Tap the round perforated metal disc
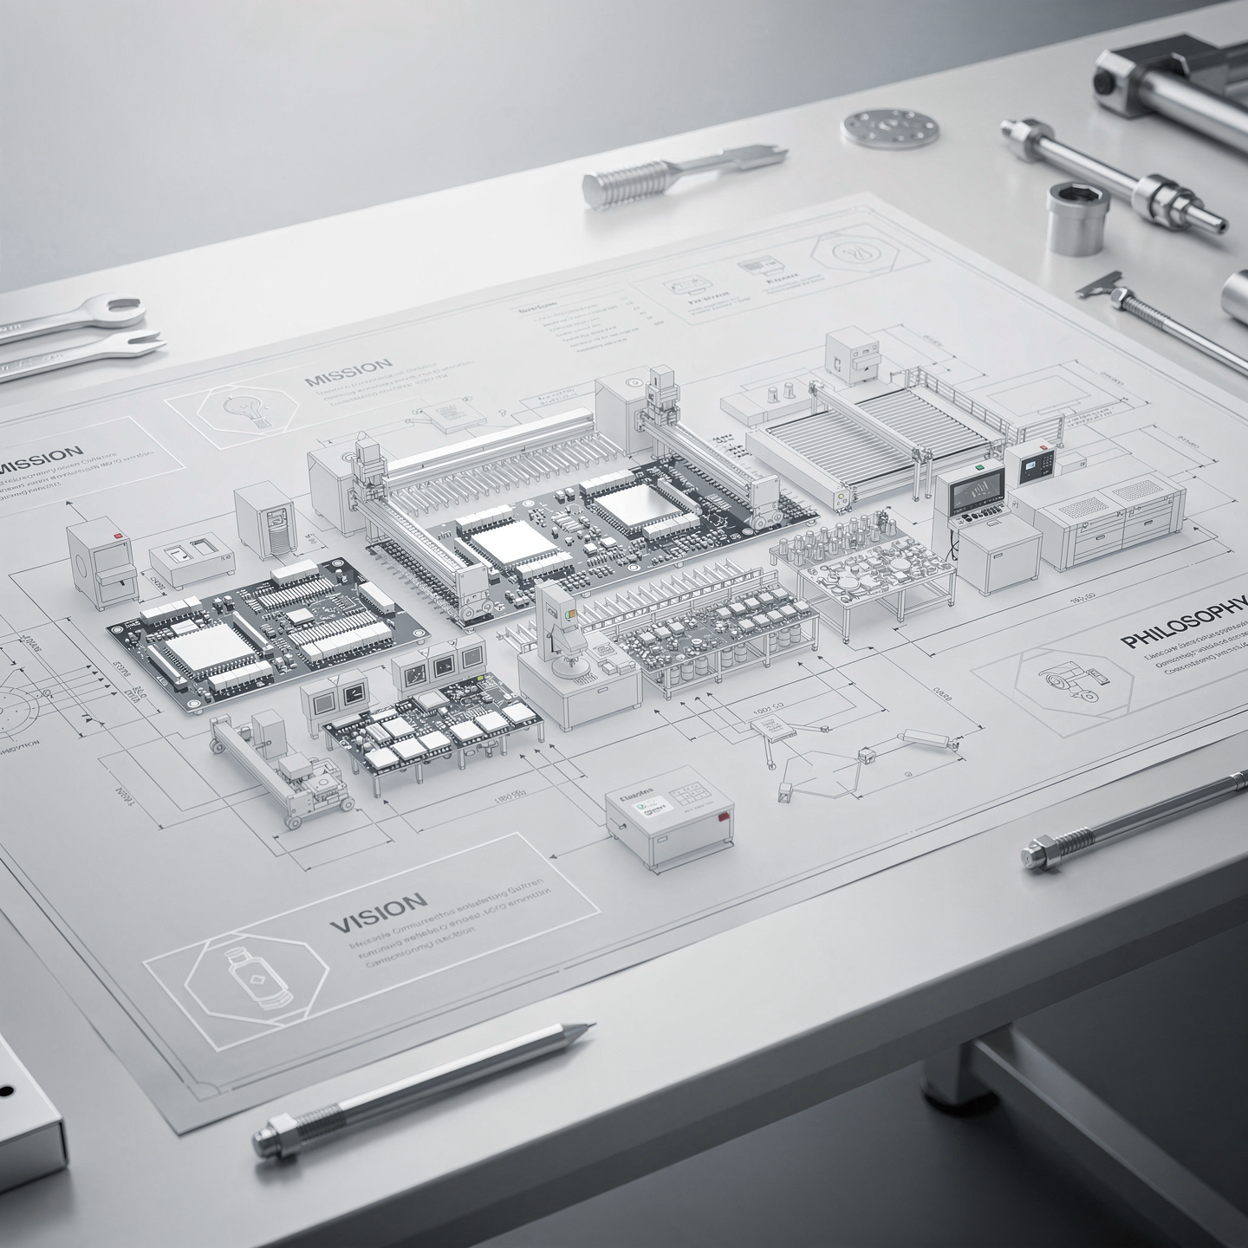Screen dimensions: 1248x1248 (890, 127)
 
